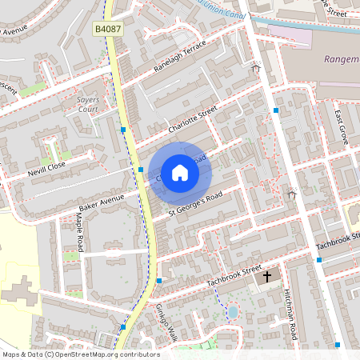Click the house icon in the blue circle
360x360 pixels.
point(179,172)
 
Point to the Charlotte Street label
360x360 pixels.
point(192,120)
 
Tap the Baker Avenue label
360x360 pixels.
point(101,198)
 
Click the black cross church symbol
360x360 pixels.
point(266,275)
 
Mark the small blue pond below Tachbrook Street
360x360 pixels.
point(233,310)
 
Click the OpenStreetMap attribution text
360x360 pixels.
point(81,354)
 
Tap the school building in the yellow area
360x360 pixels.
point(20,291)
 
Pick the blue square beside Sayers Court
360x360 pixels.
point(123,130)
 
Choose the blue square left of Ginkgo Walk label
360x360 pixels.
point(123,326)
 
